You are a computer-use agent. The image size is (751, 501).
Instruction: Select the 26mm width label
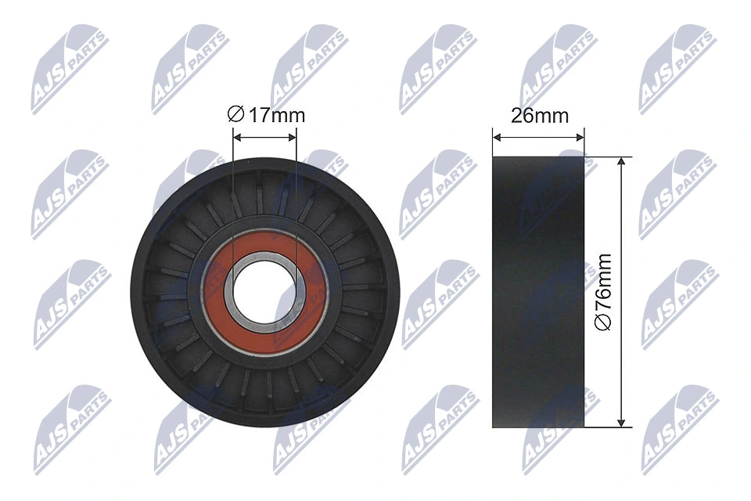point(539,115)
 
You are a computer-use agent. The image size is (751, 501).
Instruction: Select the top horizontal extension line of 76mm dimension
point(606,156)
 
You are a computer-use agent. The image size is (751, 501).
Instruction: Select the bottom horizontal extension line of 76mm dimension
point(606,427)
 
